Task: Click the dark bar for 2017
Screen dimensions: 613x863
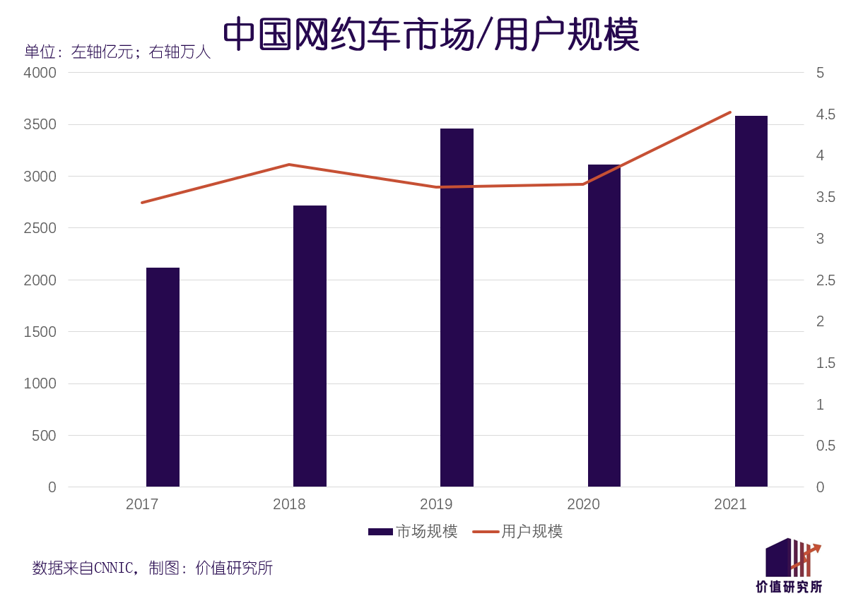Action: pos(163,377)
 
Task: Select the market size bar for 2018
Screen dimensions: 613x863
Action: pos(310,346)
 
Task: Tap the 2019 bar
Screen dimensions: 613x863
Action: pos(457,307)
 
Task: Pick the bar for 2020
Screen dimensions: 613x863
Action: pos(604,326)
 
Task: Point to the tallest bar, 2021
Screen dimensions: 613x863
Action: pos(751,301)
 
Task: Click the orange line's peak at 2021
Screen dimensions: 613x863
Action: pos(730,112)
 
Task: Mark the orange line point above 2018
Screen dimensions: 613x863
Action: pos(289,165)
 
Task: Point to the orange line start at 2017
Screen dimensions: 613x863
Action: pos(142,203)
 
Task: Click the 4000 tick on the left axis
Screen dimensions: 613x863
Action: pos(40,73)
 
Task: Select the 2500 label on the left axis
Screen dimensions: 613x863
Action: pos(40,228)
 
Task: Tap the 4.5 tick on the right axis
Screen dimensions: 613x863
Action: pos(826,114)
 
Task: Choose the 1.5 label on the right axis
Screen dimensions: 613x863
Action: pos(826,363)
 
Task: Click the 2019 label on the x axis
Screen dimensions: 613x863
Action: pos(436,504)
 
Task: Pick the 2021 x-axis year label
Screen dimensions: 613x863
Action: pos(730,504)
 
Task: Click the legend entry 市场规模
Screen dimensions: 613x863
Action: pos(413,531)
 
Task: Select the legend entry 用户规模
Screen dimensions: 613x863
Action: pos(517,531)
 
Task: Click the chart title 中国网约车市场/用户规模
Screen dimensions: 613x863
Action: pos(431,34)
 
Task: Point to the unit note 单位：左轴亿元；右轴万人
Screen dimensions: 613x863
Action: pos(117,52)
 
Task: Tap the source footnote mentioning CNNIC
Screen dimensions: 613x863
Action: pos(153,568)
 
